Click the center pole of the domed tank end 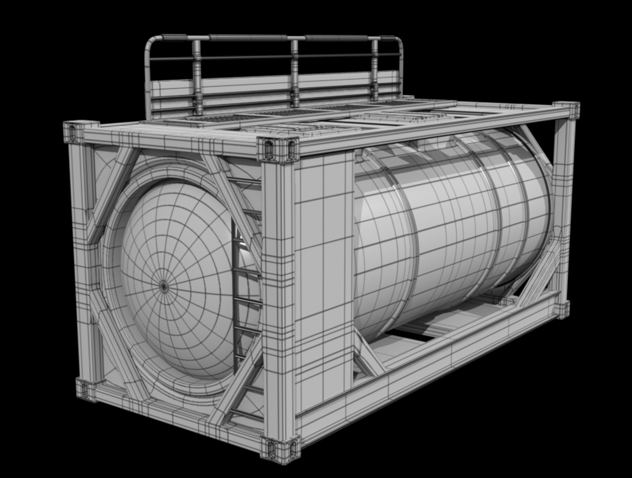click(164, 286)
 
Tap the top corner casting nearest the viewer click(278, 149)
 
